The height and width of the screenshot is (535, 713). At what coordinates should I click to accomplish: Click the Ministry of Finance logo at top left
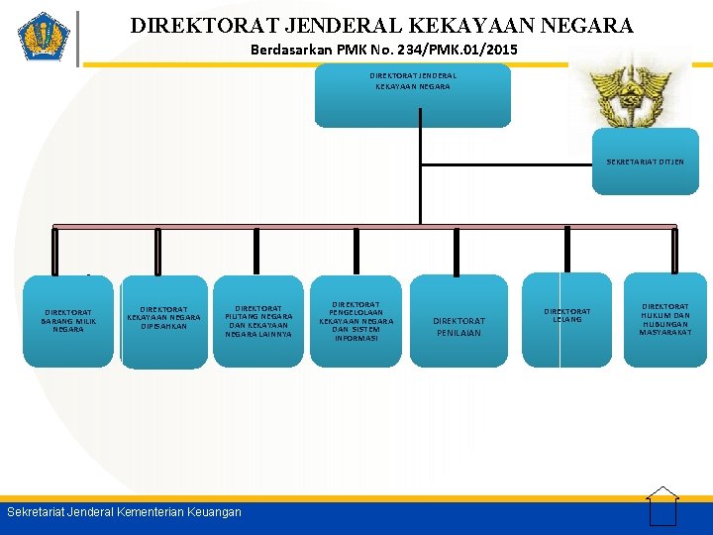click(44, 37)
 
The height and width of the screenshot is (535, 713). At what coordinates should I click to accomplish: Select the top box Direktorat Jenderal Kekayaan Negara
click(412, 95)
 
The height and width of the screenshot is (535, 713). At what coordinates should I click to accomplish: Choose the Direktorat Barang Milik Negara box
click(68, 321)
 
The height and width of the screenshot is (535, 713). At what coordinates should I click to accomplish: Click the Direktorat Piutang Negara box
click(258, 321)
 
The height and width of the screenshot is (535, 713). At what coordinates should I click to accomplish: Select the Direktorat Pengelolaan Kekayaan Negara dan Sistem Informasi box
click(356, 321)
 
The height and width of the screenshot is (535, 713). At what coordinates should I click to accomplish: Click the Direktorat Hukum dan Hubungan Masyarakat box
click(664, 319)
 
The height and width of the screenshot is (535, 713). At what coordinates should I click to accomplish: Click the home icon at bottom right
click(662, 505)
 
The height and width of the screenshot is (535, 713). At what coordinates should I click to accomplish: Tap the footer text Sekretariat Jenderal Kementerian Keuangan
click(124, 512)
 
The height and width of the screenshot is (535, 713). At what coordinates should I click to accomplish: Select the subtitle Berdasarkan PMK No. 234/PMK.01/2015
click(383, 49)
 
